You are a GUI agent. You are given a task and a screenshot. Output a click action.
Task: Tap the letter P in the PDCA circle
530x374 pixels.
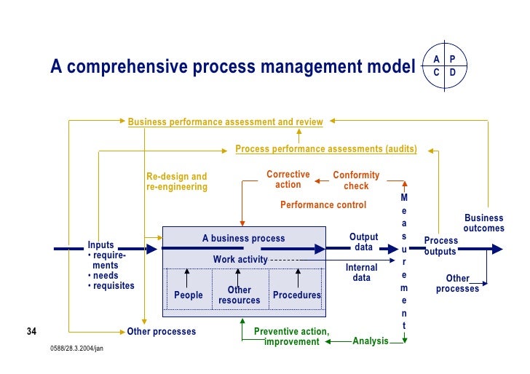pyautogui.click(x=453, y=59)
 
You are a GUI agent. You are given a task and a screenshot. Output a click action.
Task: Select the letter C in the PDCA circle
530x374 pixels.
pyautogui.click(x=435, y=73)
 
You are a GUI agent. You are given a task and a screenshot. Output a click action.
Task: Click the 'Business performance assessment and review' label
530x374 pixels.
pyautogui.click(x=225, y=122)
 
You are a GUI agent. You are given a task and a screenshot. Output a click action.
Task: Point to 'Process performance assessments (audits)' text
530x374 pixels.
pyautogui.click(x=326, y=149)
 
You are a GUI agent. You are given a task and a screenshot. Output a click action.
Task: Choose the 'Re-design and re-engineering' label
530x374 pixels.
pyautogui.click(x=177, y=182)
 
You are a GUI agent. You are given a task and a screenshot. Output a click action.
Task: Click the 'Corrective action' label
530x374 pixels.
pyautogui.click(x=288, y=180)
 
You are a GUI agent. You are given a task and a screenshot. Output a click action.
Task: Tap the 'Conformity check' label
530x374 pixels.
pyautogui.click(x=356, y=180)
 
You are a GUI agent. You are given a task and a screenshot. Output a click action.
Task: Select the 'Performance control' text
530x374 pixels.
pyautogui.click(x=323, y=205)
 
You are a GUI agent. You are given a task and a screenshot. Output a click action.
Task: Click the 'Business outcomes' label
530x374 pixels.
pyautogui.click(x=483, y=223)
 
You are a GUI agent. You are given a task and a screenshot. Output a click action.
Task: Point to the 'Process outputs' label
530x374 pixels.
pyautogui.click(x=441, y=246)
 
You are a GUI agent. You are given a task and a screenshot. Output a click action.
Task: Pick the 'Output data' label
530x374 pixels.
pyautogui.click(x=363, y=242)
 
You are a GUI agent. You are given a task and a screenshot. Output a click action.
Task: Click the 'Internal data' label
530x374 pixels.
pyautogui.click(x=361, y=273)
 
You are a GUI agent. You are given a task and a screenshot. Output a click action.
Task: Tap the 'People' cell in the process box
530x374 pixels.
pyautogui.click(x=188, y=295)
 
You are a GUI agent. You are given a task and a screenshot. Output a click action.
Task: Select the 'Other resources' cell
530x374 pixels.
pyautogui.click(x=239, y=295)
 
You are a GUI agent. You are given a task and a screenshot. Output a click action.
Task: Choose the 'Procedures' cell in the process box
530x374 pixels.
pyautogui.click(x=296, y=295)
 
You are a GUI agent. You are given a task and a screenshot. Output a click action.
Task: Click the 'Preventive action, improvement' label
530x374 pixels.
pyautogui.click(x=291, y=337)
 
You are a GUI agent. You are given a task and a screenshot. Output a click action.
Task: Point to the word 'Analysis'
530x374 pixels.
pyautogui.click(x=371, y=341)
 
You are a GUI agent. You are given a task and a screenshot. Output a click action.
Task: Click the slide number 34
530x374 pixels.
pyautogui.click(x=31, y=333)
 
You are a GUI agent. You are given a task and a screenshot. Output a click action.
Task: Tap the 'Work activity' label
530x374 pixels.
pyautogui.click(x=240, y=260)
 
